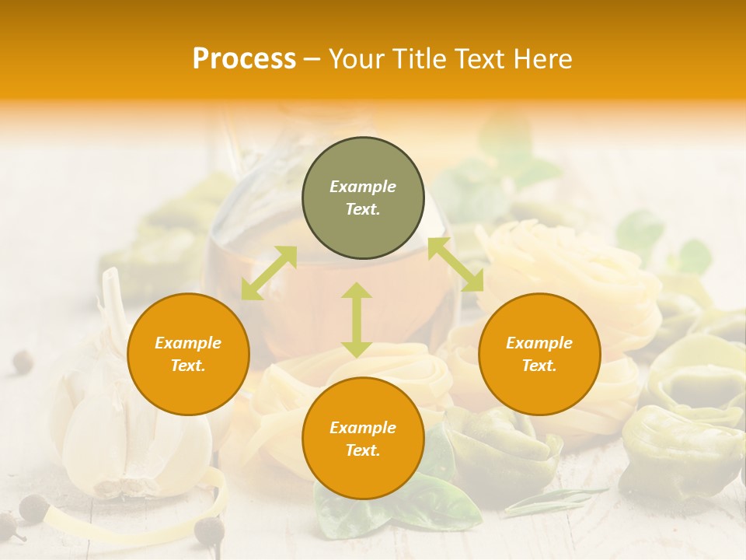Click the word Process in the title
click(244, 59)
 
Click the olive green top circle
click(363, 198)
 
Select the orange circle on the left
click(188, 355)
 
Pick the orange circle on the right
click(539, 355)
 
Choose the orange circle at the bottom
click(363, 439)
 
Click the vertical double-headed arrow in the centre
click(357, 320)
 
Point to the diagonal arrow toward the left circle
click(269, 272)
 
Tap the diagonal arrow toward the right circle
click(455, 264)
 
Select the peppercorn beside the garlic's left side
click(22, 360)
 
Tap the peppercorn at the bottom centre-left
click(208, 531)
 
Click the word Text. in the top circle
click(363, 210)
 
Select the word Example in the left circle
click(188, 343)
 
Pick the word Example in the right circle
click(539, 343)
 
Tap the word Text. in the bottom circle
click(363, 450)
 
